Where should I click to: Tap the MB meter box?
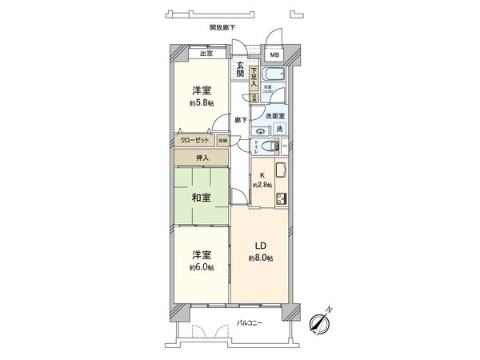pyautogui.click(x=274, y=55)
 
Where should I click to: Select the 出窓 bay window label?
pyautogui.click(x=205, y=54)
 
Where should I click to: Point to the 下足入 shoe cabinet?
pyautogui.click(x=253, y=77)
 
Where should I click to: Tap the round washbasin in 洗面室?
pyautogui.click(x=262, y=130)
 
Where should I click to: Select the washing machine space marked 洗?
pyautogui.click(x=279, y=128)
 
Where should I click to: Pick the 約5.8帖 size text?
pyautogui.click(x=202, y=102)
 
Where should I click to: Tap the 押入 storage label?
pyautogui.click(x=202, y=158)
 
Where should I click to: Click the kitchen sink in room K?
pyautogui.click(x=282, y=170)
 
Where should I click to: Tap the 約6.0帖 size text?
pyautogui.click(x=202, y=266)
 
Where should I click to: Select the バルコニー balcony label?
pyautogui.click(x=251, y=323)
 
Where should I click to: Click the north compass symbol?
pyautogui.click(x=321, y=321)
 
